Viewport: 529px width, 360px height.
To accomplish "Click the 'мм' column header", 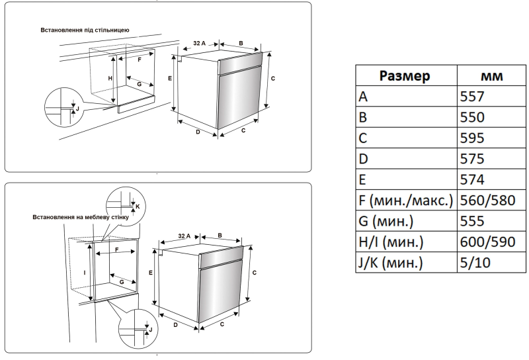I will point(491,76).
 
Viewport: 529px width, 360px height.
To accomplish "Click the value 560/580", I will point(487,201).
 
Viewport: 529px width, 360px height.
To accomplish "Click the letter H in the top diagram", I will point(110,78).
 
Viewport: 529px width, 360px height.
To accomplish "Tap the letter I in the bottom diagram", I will point(85,272).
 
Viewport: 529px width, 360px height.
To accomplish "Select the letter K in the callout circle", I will point(138,206).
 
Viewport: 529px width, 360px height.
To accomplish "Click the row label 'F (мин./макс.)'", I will point(405,201).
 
